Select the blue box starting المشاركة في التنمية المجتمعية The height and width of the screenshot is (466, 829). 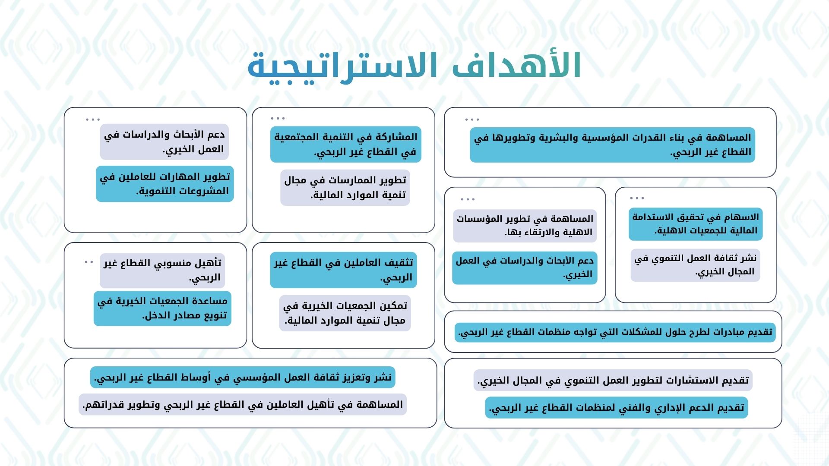[x=346, y=144]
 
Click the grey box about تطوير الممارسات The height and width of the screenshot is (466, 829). [x=345, y=187]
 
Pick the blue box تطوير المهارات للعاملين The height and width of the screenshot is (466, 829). [x=165, y=184]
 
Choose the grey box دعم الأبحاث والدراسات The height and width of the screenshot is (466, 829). [x=165, y=142]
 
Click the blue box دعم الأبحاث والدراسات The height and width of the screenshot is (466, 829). [x=525, y=268]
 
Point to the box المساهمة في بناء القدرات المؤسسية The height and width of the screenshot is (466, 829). [x=612, y=145]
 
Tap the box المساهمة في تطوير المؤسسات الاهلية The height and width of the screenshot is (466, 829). [x=525, y=226]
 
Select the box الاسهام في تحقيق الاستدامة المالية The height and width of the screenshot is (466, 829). [x=696, y=224]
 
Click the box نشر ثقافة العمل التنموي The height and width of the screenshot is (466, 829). [x=695, y=265]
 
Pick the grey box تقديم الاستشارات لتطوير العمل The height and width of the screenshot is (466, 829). [x=613, y=381]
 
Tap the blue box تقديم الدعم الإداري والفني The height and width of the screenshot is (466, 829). [x=617, y=408]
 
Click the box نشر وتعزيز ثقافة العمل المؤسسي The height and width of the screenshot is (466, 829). [x=243, y=378]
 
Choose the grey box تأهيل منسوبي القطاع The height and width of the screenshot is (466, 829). [x=162, y=271]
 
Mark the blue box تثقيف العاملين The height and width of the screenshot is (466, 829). [x=344, y=270]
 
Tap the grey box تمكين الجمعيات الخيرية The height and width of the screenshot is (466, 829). [x=345, y=313]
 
